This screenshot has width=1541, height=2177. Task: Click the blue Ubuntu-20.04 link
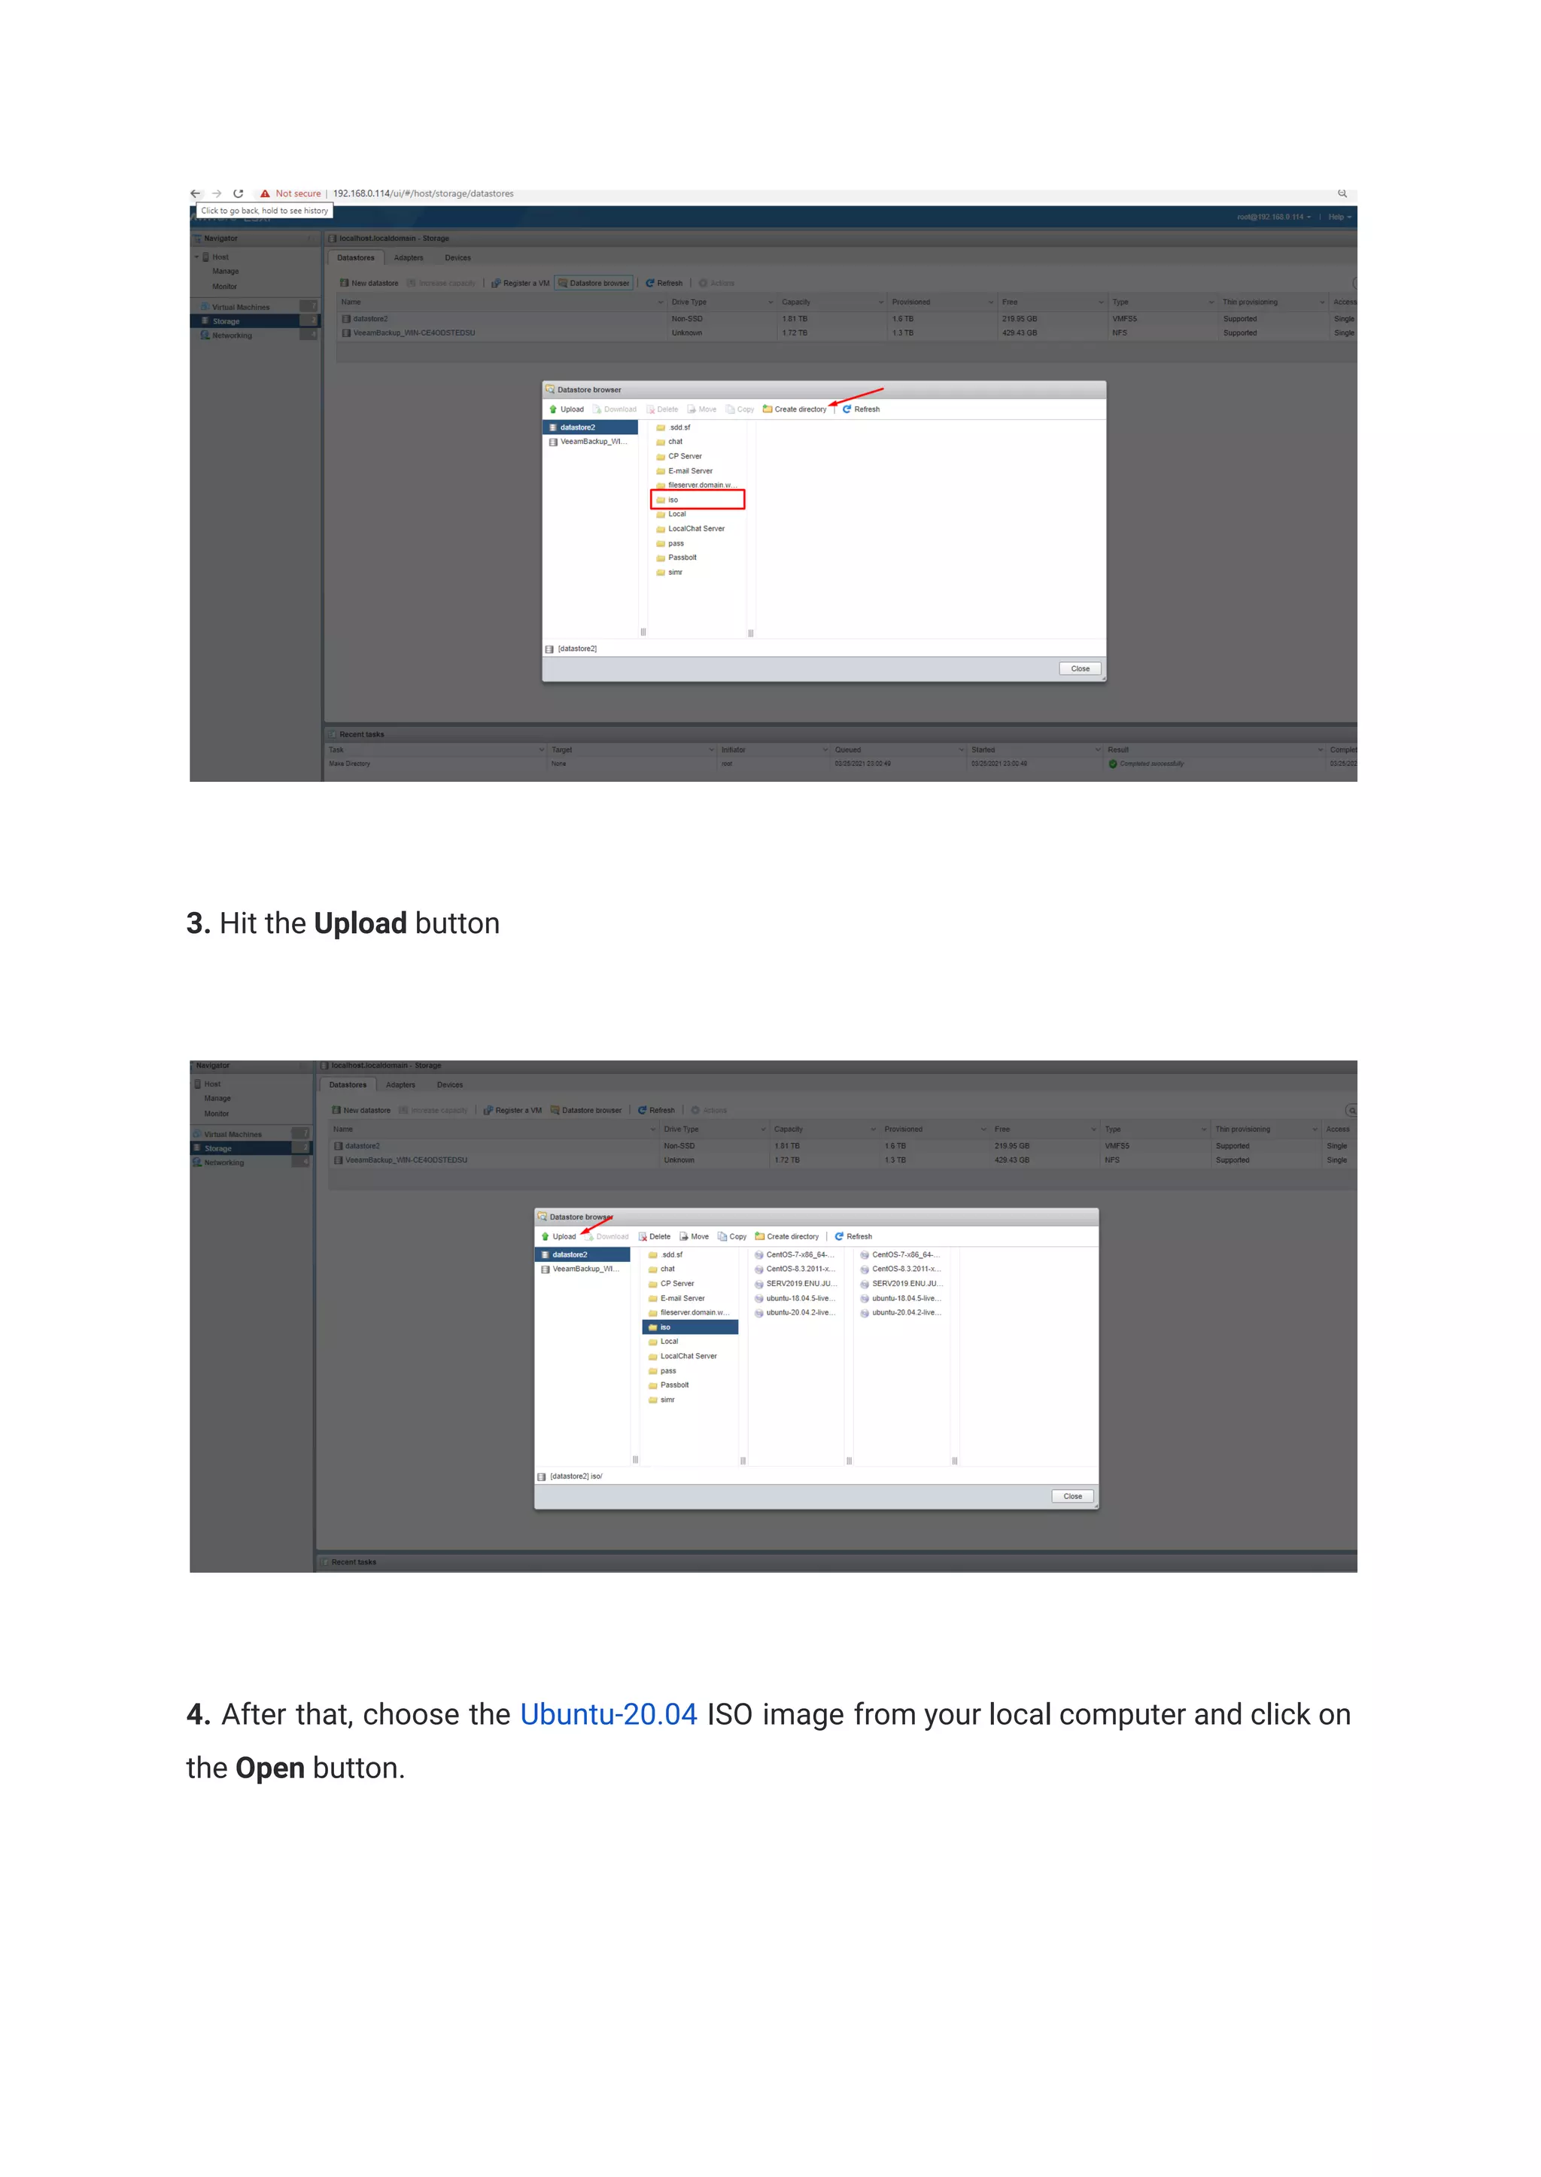click(x=608, y=1715)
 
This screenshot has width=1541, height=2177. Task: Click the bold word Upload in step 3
click(x=360, y=923)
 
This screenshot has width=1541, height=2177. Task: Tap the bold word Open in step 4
click(x=269, y=1768)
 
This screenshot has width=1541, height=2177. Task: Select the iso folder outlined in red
click(x=698, y=499)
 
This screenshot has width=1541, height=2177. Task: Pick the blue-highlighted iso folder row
click(x=690, y=1327)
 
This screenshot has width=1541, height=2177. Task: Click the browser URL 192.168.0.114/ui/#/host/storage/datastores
click(x=423, y=193)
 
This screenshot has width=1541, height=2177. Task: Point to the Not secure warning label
click(x=298, y=193)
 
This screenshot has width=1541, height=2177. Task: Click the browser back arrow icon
click(x=196, y=193)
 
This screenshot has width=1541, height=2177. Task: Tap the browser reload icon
click(x=239, y=193)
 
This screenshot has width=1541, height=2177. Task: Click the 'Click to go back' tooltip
click(x=264, y=211)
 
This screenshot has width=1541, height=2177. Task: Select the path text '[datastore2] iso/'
click(x=576, y=1476)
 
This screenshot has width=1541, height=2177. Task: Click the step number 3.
click(x=197, y=923)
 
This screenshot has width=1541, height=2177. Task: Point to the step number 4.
click(x=197, y=1715)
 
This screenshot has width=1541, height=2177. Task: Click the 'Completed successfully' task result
click(x=1151, y=764)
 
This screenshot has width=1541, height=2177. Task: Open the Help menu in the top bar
click(x=1338, y=217)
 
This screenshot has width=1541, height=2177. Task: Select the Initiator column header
click(x=734, y=749)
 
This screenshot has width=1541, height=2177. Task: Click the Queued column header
click(x=848, y=749)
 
